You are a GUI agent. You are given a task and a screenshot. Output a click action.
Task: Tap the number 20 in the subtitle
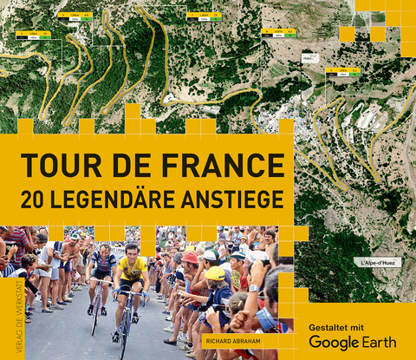tap(37, 199)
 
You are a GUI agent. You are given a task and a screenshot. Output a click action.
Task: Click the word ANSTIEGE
tap(237, 199)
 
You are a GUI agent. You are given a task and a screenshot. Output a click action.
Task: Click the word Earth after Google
tap(378, 342)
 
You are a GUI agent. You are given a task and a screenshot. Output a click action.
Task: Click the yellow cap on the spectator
tap(215, 273)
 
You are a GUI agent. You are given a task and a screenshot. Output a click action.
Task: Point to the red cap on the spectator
tap(190, 258)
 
